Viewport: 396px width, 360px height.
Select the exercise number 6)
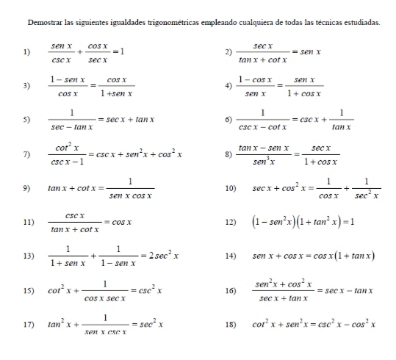[x=228, y=120]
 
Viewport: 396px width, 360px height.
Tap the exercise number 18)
[x=230, y=323]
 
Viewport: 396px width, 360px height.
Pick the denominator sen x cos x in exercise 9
[x=129, y=195]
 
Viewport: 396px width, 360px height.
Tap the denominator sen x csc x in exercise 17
[x=107, y=331]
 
